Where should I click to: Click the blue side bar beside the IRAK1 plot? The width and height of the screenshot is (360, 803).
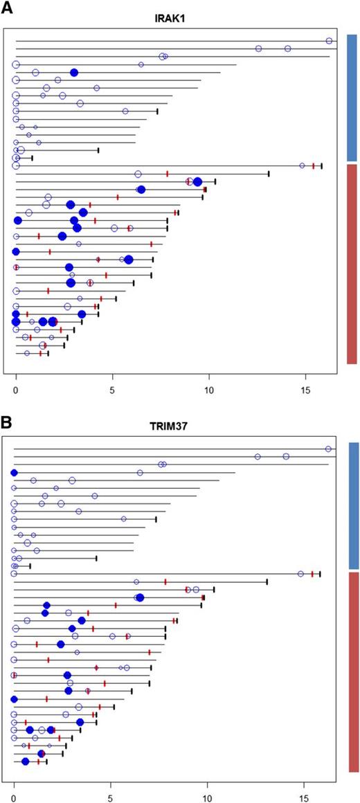point(351,97)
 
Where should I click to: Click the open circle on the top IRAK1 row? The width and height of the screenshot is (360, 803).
point(330,41)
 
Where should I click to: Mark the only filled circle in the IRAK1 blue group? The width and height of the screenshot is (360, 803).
point(74,72)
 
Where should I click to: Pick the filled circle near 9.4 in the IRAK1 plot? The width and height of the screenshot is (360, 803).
point(197,182)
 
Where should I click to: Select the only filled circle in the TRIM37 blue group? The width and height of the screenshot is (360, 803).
point(14,472)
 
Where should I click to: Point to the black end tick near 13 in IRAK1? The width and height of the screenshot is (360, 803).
point(269,174)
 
